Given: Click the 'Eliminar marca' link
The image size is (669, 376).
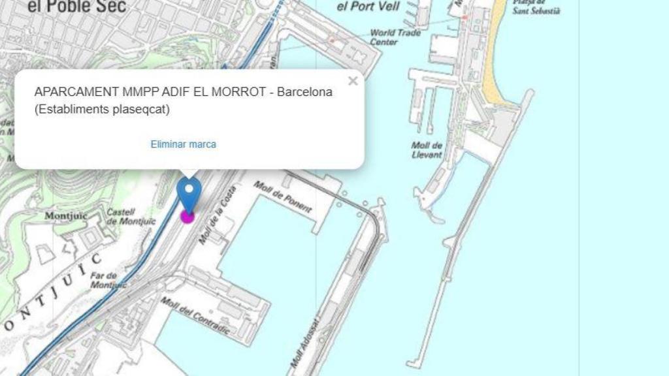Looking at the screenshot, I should point(183,144).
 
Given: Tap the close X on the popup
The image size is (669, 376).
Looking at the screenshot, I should point(353,81).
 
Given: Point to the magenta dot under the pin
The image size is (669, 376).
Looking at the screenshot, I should point(188,216).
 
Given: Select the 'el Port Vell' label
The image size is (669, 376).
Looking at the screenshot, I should point(368,7).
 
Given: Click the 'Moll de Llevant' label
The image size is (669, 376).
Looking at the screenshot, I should point(427,150).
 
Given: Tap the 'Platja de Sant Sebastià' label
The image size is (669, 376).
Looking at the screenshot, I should point(536,7).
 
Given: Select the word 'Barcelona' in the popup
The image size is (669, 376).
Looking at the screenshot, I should point(304,92).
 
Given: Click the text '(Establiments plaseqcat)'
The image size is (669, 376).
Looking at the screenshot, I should point(101,109).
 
